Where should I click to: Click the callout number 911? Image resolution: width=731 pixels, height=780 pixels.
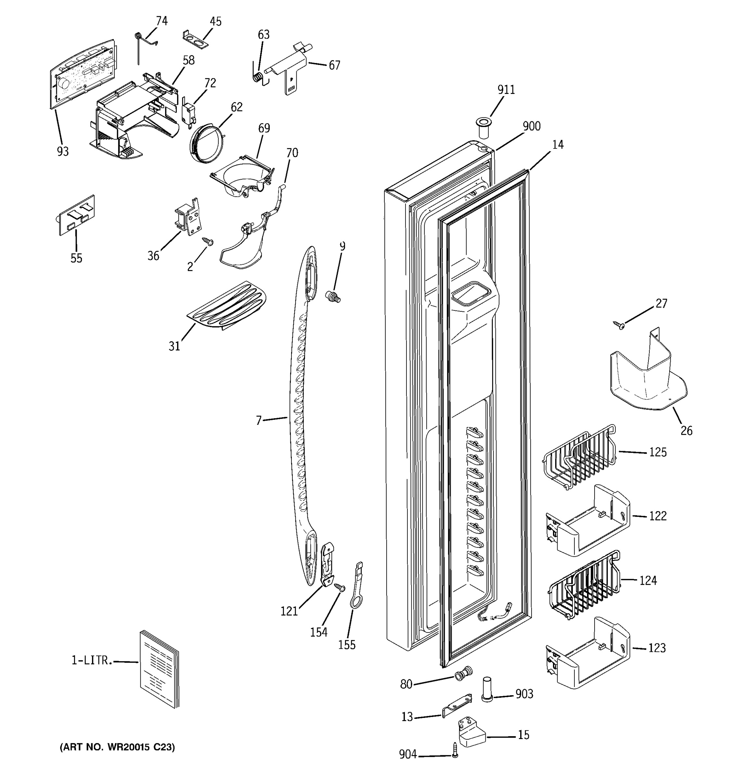pyautogui.click(x=506, y=90)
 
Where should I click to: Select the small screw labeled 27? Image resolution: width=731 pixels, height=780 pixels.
pyautogui.click(x=619, y=324)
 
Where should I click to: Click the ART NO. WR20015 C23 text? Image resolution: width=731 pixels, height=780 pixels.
pyautogui.click(x=117, y=747)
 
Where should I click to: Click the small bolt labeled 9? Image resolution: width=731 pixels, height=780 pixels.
pyautogui.click(x=333, y=297)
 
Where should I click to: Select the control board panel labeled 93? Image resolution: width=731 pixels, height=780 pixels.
pyautogui.click(x=84, y=74)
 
